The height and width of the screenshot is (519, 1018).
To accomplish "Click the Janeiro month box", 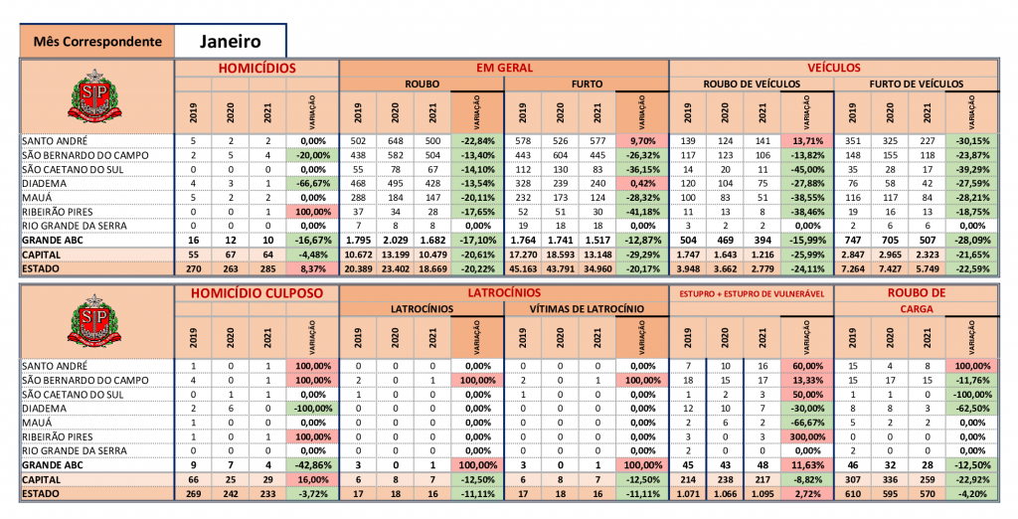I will point(230,41).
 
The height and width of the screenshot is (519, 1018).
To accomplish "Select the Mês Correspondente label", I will point(97,42).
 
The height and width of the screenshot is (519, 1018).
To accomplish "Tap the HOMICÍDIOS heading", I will point(257,68).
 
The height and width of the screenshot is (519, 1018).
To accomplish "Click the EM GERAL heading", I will point(504,68).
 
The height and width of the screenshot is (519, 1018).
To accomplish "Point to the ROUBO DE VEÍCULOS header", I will point(752,85).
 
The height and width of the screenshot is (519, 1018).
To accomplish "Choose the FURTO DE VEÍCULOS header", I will point(916,85).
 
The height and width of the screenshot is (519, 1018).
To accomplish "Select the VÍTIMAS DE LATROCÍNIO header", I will point(586,309).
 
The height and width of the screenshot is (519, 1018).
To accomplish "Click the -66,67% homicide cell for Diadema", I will point(312,183).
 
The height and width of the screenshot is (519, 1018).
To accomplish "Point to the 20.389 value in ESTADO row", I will point(357,267).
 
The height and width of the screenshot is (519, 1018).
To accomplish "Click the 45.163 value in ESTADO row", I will point(522,267).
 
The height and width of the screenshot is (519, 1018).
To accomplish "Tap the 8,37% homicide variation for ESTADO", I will point(312,267).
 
